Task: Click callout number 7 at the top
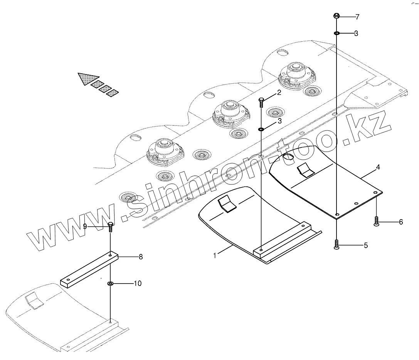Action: (x=357, y=17)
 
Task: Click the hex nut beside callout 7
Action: (x=337, y=16)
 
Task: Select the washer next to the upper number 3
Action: (x=337, y=34)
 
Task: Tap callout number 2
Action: (x=279, y=93)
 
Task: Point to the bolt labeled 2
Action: (x=261, y=102)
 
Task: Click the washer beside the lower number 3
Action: (x=261, y=129)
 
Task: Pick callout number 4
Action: (x=378, y=167)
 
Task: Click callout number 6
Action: (x=400, y=222)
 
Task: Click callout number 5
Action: (x=365, y=245)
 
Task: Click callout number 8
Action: (x=141, y=257)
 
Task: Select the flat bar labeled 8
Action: (x=89, y=270)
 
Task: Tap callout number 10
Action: (x=138, y=283)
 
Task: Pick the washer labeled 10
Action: (x=111, y=284)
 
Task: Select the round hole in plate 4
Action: (x=288, y=157)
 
